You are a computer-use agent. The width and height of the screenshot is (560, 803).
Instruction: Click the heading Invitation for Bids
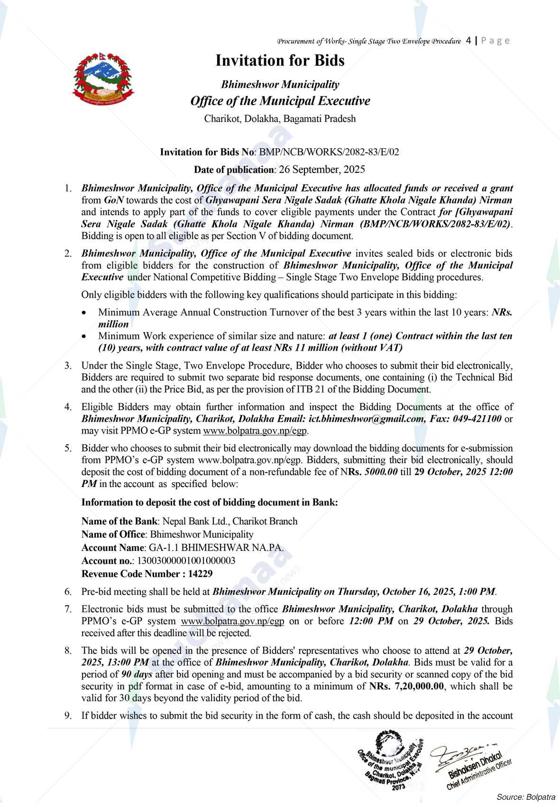280,61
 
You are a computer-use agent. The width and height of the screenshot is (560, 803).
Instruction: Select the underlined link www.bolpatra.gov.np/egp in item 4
256,431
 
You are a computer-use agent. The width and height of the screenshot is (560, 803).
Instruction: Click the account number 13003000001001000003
186,560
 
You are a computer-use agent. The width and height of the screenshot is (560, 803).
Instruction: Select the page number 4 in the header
468,40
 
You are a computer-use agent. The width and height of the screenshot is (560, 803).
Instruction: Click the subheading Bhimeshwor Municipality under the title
280,85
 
